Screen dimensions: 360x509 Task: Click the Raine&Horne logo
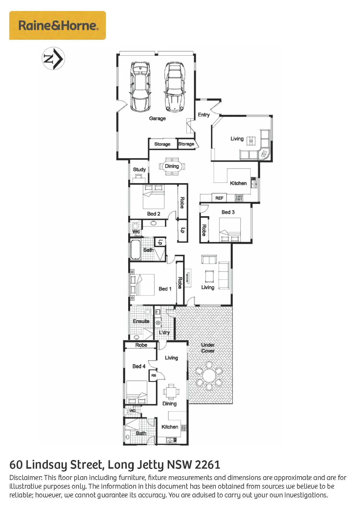57,26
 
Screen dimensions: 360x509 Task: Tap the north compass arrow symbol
53,58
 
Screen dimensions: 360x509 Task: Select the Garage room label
158,118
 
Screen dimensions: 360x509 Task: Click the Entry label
204,115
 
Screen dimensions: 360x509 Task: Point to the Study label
139,169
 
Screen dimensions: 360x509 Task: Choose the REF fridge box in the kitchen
219,198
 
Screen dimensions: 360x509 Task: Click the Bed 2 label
154,214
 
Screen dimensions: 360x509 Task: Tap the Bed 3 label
228,212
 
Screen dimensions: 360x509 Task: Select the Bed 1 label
165,289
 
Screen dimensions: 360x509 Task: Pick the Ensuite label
141,321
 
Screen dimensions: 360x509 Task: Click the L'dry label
164,333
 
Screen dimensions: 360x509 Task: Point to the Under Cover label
208,348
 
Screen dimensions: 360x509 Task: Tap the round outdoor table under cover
209,376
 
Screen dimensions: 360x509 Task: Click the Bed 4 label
139,366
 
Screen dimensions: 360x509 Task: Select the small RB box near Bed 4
153,376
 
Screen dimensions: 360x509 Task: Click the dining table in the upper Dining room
172,167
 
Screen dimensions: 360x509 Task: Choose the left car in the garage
140,86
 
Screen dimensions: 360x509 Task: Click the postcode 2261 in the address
207,465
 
